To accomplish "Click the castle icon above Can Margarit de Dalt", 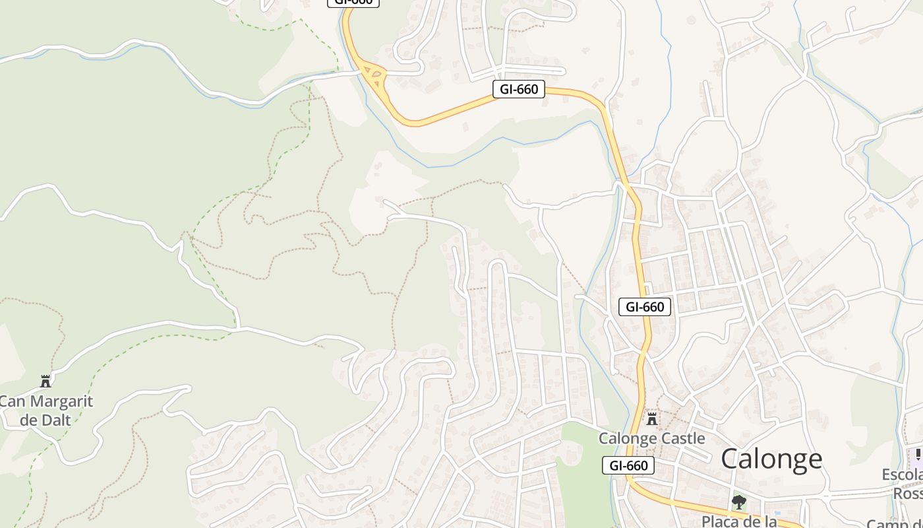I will click(45, 381).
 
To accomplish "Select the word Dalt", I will click(55, 420).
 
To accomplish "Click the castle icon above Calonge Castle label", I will click(652, 418).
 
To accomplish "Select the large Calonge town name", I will click(771, 459).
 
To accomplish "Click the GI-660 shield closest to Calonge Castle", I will click(629, 465).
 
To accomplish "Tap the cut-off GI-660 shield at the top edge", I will click(353, 2).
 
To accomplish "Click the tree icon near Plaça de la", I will click(739, 502).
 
